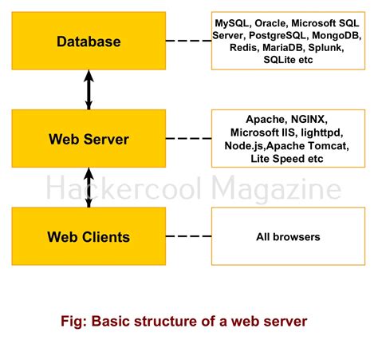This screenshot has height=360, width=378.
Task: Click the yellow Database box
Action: coord(88,41)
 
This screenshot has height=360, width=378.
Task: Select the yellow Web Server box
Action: coord(88,139)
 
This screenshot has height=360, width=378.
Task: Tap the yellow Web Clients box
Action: coord(88,236)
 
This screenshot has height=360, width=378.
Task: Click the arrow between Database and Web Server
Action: coord(89,89)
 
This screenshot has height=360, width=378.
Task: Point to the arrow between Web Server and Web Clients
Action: coord(89,187)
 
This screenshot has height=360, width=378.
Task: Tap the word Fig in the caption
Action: coord(73,322)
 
